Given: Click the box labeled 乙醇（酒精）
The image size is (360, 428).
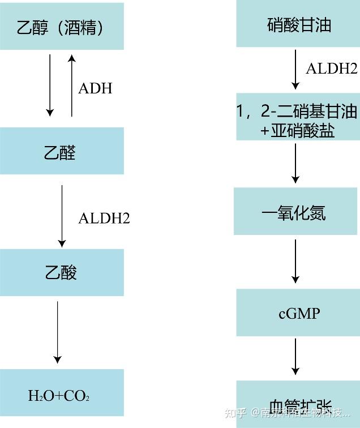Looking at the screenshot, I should tap(62, 27).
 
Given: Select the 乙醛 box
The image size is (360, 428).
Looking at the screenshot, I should tap(62, 151).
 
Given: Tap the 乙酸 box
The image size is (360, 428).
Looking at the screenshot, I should tap(62, 272).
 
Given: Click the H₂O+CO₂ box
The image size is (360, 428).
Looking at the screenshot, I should tap(62, 395).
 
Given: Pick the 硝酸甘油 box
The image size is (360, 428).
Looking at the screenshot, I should tap(298, 25).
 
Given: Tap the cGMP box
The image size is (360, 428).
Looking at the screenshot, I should tap(298, 313).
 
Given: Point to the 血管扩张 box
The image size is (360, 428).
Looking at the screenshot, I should tap(298, 405).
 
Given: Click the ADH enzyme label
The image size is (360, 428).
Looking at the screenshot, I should tap(95, 88).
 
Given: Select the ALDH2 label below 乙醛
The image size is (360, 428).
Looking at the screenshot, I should tap(104, 218).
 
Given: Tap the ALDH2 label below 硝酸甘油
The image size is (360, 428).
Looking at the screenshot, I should tap(331, 69).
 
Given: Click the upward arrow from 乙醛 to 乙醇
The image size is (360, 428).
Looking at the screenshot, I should tap(71, 85).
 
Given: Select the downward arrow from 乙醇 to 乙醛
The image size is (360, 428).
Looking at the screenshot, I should tap(50, 85).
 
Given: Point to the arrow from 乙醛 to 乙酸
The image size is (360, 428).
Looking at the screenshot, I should tap(62, 215).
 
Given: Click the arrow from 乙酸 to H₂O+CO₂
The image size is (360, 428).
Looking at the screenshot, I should tap(57, 332).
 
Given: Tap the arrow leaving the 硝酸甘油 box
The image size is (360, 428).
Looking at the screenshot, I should tap(295, 69).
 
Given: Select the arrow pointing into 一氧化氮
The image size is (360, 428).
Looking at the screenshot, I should tap(295, 163).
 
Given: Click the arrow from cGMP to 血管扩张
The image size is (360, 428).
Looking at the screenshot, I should tap(295, 356).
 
